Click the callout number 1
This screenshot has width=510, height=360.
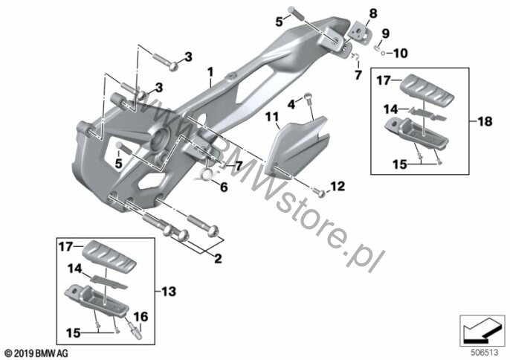[210, 72]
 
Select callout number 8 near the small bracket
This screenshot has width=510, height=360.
[373, 14]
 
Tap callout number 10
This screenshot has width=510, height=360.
[400, 54]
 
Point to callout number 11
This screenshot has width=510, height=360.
[272, 117]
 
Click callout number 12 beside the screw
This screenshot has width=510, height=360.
[338, 187]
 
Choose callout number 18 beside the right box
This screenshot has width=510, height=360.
[485, 121]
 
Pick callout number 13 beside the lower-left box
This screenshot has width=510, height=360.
[169, 292]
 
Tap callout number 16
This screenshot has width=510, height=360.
[141, 317]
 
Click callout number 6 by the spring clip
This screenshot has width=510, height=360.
[224, 187]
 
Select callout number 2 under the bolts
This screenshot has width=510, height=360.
[218, 258]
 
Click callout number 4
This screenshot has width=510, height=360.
[291, 104]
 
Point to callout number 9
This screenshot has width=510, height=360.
[385, 33]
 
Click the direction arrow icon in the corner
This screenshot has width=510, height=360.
[482, 330]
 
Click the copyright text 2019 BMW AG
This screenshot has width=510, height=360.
[36, 353]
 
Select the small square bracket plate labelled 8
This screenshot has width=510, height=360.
[361, 32]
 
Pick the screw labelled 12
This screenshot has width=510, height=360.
[321, 193]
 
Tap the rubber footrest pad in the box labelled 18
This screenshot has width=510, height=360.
[426, 87]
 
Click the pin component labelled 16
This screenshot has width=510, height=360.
[135, 330]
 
